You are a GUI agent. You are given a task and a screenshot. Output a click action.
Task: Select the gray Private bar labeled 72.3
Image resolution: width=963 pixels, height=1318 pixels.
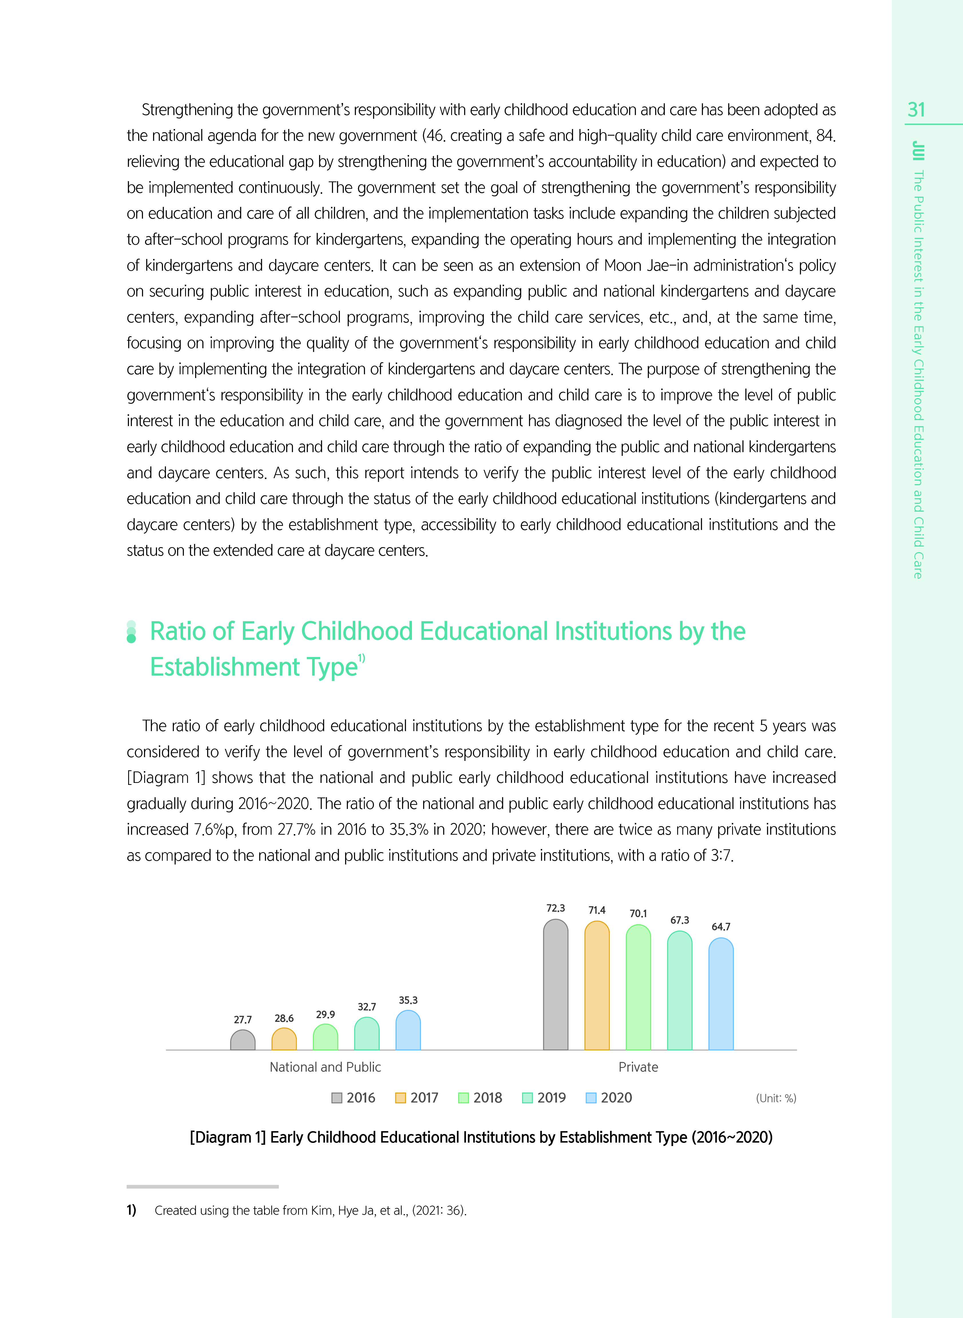pyautogui.click(x=556, y=985)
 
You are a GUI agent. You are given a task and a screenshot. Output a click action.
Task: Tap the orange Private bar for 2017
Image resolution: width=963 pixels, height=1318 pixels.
pyautogui.click(x=597, y=986)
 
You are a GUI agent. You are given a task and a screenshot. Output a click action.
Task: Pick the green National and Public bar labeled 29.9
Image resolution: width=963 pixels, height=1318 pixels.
pyautogui.click(x=325, y=1038)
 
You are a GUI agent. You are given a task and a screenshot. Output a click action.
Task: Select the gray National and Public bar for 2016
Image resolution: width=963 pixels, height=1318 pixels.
pyautogui.click(x=243, y=1040)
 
